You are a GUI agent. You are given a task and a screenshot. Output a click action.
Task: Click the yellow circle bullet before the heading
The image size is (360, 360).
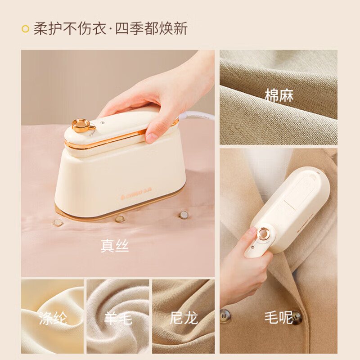[x=26, y=29]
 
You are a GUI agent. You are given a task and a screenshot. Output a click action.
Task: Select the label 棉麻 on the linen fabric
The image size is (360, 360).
[x=279, y=95]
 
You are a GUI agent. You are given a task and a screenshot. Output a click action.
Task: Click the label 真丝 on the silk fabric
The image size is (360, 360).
[x=115, y=246]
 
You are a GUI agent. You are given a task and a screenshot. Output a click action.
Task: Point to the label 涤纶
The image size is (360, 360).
[x=53, y=318]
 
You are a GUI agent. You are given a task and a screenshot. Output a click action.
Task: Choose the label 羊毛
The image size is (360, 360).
[x=118, y=318]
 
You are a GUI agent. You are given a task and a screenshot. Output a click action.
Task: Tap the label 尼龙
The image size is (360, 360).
[x=184, y=318]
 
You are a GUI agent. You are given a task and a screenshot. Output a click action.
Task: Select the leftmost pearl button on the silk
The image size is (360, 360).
[x=58, y=222]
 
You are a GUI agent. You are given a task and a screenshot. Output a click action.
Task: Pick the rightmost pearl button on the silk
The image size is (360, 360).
[x=184, y=215]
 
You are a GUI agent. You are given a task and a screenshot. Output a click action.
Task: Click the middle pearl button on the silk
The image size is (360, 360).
[x=120, y=219]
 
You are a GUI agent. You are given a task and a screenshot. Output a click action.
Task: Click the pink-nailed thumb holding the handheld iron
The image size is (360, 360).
[x=251, y=234]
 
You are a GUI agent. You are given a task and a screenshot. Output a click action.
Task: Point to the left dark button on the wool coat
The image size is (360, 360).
[x=225, y=316]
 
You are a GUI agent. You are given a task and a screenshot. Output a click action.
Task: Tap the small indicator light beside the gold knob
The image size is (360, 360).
[x=102, y=122]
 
